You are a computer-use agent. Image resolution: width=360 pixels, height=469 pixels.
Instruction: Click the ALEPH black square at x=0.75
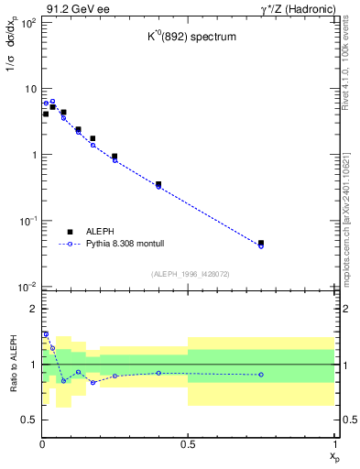pyautogui.click(x=261, y=244)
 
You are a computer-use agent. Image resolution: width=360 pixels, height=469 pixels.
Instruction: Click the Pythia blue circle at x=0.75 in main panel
pyautogui.click(x=261, y=246)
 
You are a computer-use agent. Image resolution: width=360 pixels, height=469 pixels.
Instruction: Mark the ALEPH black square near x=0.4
pyautogui.click(x=158, y=184)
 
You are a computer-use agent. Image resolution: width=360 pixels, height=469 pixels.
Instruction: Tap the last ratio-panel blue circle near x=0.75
pyautogui.click(x=261, y=375)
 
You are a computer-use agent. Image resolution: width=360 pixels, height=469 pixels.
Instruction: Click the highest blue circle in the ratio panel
pyautogui.click(x=46, y=334)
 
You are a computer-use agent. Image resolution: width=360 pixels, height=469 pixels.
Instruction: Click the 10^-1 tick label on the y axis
pyautogui.click(x=27, y=221)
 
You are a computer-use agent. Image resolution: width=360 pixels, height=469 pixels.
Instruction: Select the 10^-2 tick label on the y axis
pyautogui.click(x=27, y=287)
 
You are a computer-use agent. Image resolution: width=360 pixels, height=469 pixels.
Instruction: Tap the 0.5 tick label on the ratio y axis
pyautogui.click(x=28, y=420)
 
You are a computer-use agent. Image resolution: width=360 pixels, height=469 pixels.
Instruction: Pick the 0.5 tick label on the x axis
pyautogui.click(x=188, y=444)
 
